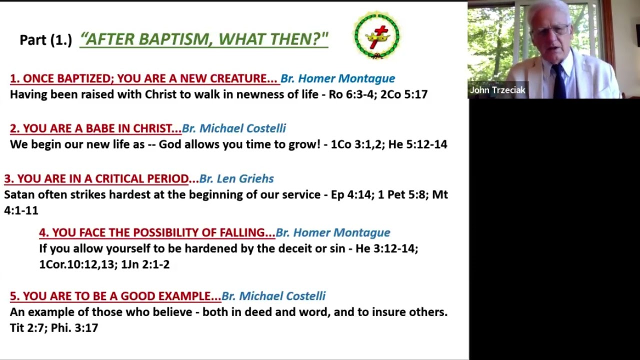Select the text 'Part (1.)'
coord(45,39)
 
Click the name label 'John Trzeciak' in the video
coord(497,90)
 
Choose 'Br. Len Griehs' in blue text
coord(236,178)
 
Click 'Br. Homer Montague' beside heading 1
coord(338,78)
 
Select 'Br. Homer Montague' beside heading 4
coord(333,232)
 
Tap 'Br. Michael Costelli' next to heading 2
coord(234,128)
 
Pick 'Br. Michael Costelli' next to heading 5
coord(273,296)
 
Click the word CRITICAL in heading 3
coord(119,179)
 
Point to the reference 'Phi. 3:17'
coord(74,328)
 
